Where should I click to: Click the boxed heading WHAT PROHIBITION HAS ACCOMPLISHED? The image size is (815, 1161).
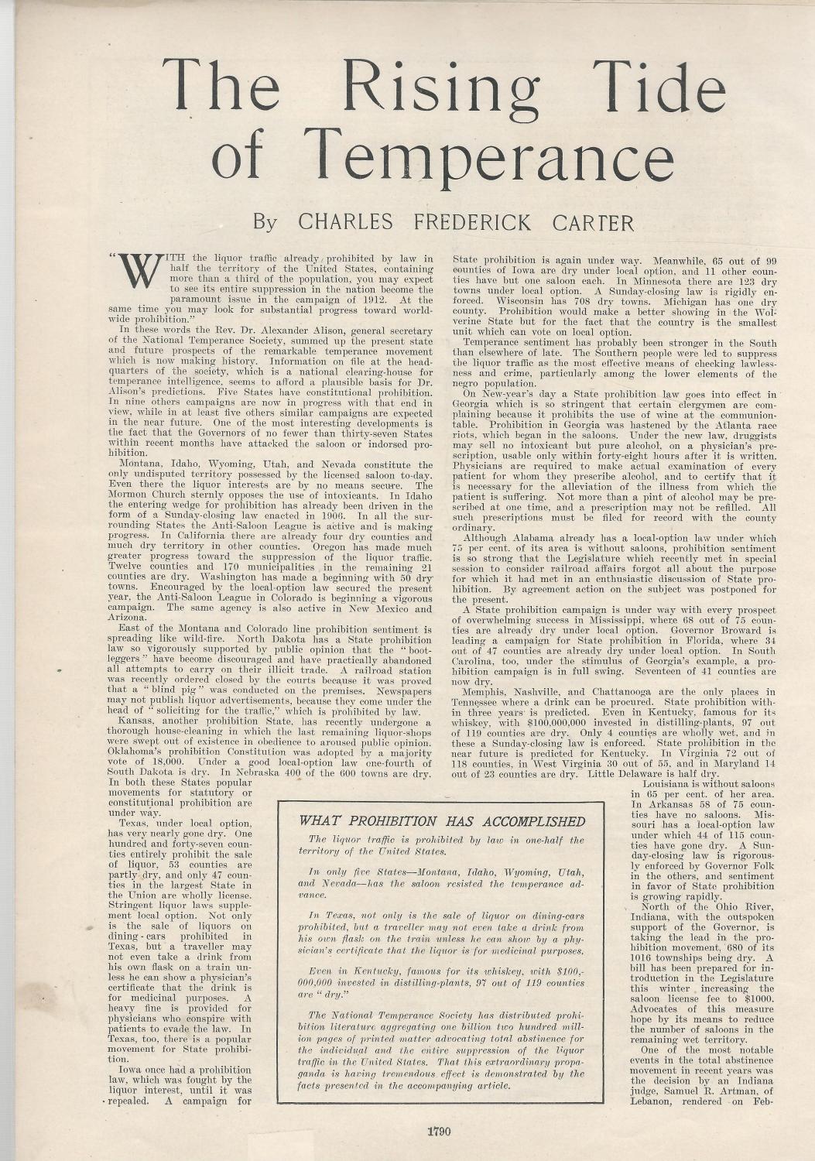pyautogui.click(x=442, y=821)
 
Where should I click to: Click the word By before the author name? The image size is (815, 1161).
pyautogui.click(x=265, y=223)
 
